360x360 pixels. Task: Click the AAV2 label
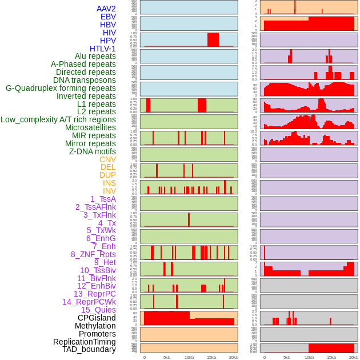click(x=106, y=9)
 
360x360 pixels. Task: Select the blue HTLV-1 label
click(x=103, y=49)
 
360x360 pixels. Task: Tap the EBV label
click(x=108, y=17)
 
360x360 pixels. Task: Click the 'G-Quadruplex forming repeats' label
click(x=61, y=88)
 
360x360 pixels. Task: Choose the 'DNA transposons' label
click(x=85, y=80)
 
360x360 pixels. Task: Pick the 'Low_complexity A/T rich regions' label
click(x=58, y=119)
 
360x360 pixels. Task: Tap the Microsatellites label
click(x=90, y=127)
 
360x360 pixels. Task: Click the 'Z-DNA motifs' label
click(x=93, y=151)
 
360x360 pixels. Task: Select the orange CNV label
click(x=107, y=159)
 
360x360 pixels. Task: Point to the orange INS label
click(x=109, y=183)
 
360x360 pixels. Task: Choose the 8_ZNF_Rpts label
click(x=93, y=254)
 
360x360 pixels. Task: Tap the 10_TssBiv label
click(x=98, y=270)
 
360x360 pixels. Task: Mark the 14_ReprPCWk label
click(x=89, y=302)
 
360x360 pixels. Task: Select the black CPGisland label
click(x=97, y=318)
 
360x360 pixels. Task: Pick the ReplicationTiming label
click(x=85, y=342)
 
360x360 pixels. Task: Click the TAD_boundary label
click(x=89, y=349)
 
